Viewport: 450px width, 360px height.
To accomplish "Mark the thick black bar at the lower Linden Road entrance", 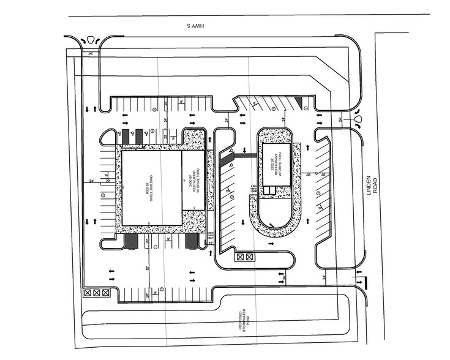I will click(366, 283).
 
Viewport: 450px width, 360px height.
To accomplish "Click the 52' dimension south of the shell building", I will click(149, 268).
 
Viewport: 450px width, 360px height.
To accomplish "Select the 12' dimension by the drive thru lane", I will click(210, 242).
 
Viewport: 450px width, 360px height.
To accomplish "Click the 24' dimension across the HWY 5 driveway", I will click(91, 54).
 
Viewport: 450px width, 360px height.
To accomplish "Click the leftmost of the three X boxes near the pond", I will click(89, 293).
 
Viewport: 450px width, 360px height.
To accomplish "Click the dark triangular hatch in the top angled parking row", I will click(298, 102).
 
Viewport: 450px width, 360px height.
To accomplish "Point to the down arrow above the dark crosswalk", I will click(245, 149).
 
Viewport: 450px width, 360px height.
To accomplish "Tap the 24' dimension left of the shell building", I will click(92, 181).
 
